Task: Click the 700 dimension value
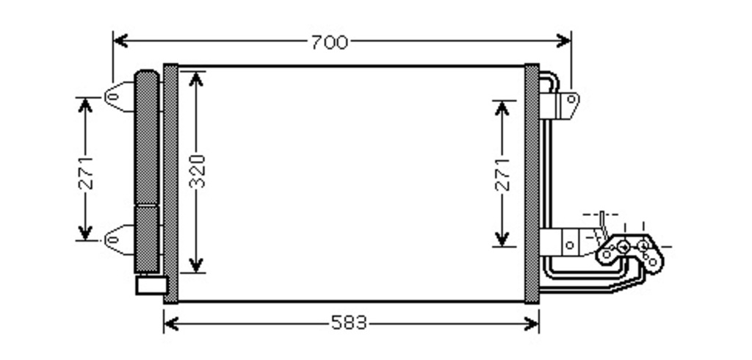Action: coord(330,43)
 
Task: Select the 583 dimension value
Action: coord(349,323)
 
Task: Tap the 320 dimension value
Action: coord(197,171)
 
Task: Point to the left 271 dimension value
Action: coord(87,173)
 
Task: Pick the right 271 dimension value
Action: coord(502,174)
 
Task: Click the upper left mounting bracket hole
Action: coord(112,97)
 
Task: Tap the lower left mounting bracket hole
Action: coord(112,240)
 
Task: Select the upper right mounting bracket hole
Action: coord(571,99)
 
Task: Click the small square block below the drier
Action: coord(152,285)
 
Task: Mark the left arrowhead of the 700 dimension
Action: coord(120,41)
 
